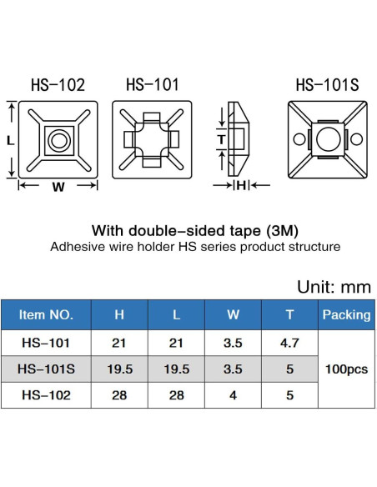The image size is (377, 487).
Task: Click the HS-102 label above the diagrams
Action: click(x=58, y=84)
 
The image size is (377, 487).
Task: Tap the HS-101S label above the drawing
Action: click(x=327, y=84)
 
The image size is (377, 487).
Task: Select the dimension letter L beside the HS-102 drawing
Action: click(x=11, y=141)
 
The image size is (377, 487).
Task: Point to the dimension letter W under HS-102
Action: click(x=58, y=187)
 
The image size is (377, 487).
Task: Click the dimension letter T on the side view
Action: click(x=221, y=139)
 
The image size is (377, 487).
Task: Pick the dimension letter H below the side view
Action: click(x=241, y=185)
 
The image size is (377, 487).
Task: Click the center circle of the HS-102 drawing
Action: click(x=58, y=141)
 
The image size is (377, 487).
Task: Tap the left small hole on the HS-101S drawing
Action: click(x=299, y=138)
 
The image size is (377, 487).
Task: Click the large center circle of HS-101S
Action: click(x=328, y=139)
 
